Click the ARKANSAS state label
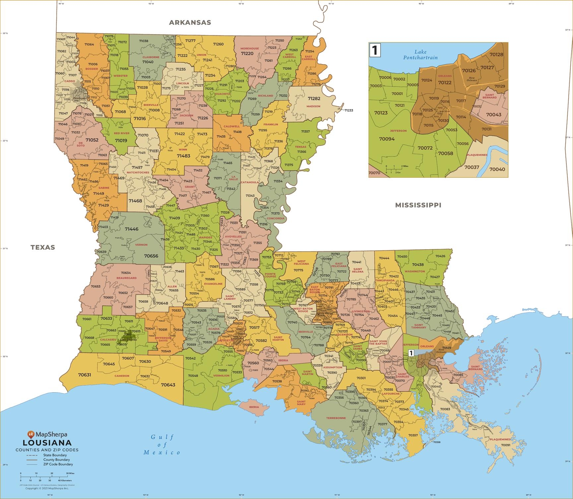pyautogui.click(x=190, y=23)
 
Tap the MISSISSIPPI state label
pyautogui.click(x=418, y=205)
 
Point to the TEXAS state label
pyautogui.click(x=43, y=247)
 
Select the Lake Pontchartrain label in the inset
pyautogui.click(x=420, y=55)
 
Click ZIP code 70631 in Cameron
pyautogui.click(x=85, y=375)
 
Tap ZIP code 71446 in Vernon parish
pyautogui.click(x=132, y=229)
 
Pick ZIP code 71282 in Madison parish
pyautogui.click(x=314, y=98)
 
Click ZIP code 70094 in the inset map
pyautogui.click(x=387, y=139)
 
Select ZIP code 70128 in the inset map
pyautogui.click(x=496, y=55)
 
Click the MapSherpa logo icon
pyautogui.click(x=31, y=434)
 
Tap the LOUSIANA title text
pyautogui.click(x=47, y=443)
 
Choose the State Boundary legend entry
pyautogui.click(x=55, y=455)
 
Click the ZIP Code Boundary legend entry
pyautogui.click(x=58, y=464)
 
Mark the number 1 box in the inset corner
pyautogui.click(x=375, y=50)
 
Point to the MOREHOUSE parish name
pyautogui.click(x=249, y=49)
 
